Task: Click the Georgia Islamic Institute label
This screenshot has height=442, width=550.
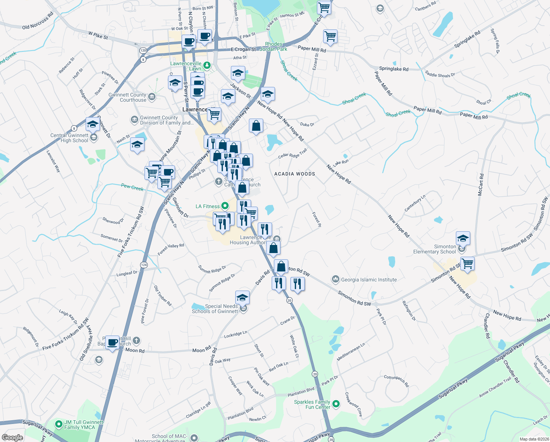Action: tap(369, 280)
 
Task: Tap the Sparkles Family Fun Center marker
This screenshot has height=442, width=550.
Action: tap(336, 404)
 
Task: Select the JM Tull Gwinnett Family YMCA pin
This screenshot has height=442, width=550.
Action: tap(58, 424)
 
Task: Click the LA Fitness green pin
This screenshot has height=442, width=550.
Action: tap(225, 206)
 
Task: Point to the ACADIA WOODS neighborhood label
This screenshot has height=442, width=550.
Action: tap(294, 174)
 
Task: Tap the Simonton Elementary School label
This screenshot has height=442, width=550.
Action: tap(434, 249)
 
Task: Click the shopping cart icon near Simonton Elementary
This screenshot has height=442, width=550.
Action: tap(467, 264)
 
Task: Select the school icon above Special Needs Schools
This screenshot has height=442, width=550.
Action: tap(242, 297)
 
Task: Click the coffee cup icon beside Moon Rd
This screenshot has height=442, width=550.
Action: tap(113, 343)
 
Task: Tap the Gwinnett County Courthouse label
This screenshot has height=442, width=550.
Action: tap(128, 97)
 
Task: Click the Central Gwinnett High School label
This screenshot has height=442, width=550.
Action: tap(69, 138)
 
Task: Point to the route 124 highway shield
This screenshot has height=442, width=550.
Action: tap(144, 265)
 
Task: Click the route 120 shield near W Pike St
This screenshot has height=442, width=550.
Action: tap(143, 50)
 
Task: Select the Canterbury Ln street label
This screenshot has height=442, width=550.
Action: tap(415, 203)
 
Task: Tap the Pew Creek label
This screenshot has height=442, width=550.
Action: tap(132, 187)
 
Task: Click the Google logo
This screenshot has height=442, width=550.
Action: tap(12, 438)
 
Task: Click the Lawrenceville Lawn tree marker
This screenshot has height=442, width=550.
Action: tap(207, 66)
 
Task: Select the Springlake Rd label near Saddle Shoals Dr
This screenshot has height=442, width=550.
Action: tap(393, 69)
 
